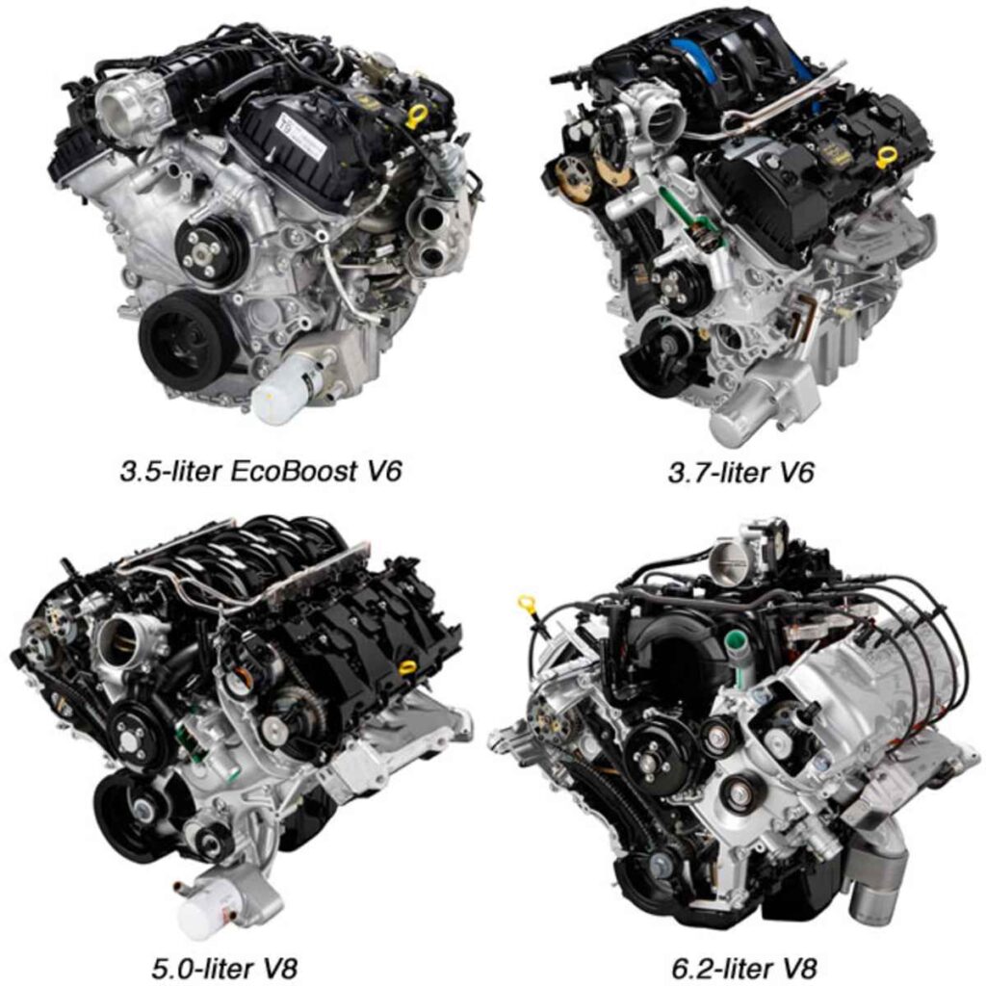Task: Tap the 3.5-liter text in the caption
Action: [x=169, y=473]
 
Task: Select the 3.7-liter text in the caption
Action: [x=716, y=473]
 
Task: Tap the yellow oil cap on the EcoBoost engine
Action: [x=417, y=117]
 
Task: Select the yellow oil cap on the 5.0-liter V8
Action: [x=407, y=666]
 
